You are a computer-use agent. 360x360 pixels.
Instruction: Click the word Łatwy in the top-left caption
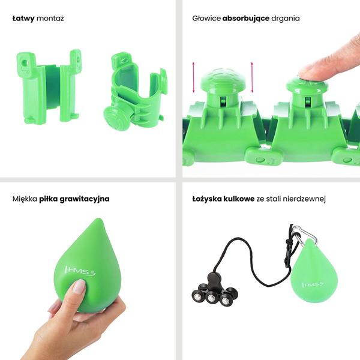pyautogui.click(x=23, y=19)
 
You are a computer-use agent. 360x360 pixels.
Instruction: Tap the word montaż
pyautogui.click(x=50, y=19)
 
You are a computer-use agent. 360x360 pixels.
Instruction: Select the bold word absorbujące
pyautogui.click(x=245, y=19)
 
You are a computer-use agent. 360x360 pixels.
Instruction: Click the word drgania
pyautogui.click(x=286, y=19)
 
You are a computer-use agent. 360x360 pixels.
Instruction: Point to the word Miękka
pyautogui.click(x=25, y=199)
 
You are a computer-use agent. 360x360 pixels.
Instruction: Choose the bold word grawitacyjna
pyautogui.click(x=85, y=199)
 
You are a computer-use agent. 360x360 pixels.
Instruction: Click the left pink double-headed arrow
pyautogui.click(x=193, y=77)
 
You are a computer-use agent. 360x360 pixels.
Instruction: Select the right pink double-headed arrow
pyautogui.click(x=252, y=77)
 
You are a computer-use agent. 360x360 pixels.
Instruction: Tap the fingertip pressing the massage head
pyautogui.click(x=308, y=71)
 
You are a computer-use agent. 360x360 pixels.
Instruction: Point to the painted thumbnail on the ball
pyautogui.click(x=79, y=287)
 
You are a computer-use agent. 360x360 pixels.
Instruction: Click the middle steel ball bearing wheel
pyautogui.click(x=211, y=298)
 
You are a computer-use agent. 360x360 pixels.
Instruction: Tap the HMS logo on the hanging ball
pyautogui.click(x=313, y=284)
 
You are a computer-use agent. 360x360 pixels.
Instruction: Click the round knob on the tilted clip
pyautogui.click(x=116, y=118)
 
